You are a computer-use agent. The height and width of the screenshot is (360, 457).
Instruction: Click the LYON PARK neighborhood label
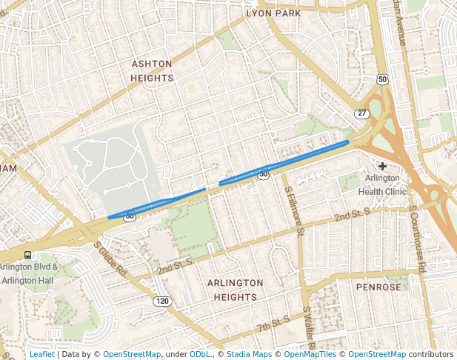click(273, 13)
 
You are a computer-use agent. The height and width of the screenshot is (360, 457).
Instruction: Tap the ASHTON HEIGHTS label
click(152, 71)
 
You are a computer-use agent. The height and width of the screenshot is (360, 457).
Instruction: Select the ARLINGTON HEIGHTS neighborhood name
click(235, 290)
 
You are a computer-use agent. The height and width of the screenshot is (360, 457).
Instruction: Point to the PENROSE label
click(378, 287)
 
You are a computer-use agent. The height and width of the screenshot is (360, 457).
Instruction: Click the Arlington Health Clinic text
click(382, 184)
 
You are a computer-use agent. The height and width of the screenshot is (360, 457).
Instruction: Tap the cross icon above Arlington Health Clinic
click(382, 167)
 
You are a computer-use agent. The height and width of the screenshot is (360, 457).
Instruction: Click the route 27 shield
click(361, 113)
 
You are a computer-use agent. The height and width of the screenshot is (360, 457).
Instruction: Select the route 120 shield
click(162, 301)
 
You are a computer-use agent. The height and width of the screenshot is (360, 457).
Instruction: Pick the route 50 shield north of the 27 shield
click(382, 79)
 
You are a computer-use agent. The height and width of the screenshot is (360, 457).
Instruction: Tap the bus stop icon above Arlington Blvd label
click(27, 256)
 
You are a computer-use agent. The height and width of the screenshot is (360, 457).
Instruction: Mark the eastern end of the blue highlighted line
click(347, 141)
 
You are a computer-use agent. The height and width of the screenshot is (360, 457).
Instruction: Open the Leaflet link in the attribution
click(41, 354)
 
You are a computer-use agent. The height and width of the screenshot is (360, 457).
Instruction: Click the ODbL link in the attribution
click(200, 354)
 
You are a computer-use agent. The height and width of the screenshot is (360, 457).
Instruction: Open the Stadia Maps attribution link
click(248, 354)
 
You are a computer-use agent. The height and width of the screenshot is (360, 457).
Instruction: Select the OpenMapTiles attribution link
click(311, 354)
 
